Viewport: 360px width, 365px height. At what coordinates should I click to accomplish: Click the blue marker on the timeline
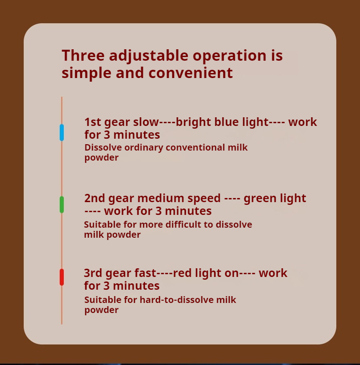point(62,132)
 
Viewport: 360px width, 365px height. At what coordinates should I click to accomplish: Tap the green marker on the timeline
point(62,204)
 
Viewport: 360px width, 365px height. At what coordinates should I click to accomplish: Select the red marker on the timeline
point(62,277)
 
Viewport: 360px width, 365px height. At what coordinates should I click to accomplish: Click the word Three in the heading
point(83,55)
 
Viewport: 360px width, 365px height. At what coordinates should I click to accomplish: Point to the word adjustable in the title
point(149,56)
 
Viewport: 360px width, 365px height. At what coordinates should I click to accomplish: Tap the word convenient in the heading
point(190,73)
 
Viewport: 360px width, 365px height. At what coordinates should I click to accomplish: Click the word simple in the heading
point(87,73)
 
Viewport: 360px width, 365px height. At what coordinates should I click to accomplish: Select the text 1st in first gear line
point(93,122)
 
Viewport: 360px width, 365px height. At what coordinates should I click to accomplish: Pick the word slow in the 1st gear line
point(146,122)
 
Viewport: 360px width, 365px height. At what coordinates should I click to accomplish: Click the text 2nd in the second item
point(95,198)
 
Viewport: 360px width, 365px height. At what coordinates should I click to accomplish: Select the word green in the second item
point(260,199)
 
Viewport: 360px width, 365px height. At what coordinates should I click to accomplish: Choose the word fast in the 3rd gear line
point(145,273)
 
